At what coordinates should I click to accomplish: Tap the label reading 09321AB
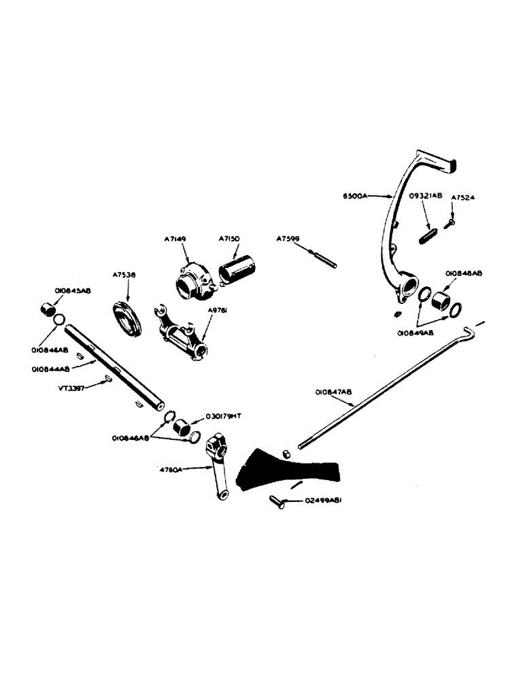(x=425, y=196)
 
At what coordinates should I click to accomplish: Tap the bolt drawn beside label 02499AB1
(x=275, y=502)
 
